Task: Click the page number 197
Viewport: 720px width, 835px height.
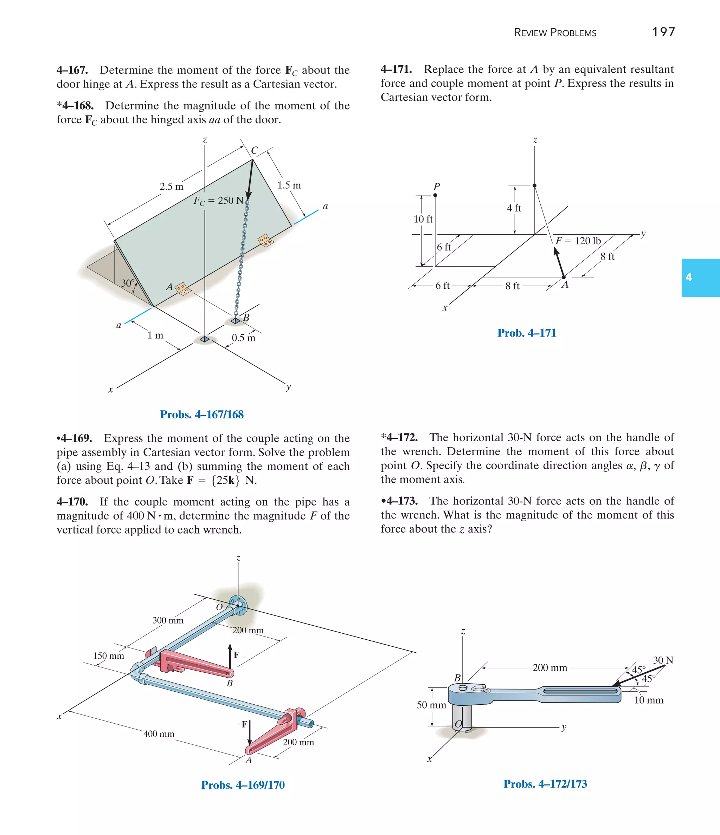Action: (663, 32)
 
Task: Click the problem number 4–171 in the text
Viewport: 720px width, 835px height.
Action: (396, 69)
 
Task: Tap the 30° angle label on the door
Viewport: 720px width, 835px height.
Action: (128, 283)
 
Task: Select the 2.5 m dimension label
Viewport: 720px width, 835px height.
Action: (172, 187)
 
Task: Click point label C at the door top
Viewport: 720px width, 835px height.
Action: (255, 150)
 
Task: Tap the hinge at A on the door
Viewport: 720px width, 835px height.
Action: (182, 288)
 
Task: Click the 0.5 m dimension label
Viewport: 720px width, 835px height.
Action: (243, 338)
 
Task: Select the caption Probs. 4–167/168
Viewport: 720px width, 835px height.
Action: (202, 414)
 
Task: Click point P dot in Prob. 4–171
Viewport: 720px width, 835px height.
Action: (435, 195)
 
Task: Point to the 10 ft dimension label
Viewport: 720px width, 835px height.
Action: (423, 219)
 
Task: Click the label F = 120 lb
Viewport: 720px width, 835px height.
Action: (578, 241)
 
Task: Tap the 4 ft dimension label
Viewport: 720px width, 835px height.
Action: (514, 208)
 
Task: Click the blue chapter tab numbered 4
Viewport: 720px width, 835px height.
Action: (700, 278)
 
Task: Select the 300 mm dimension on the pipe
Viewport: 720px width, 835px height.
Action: (168, 620)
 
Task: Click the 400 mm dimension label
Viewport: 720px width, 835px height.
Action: (159, 734)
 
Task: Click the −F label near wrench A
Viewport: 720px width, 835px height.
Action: (242, 724)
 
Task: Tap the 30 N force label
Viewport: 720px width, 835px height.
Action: (663, 660)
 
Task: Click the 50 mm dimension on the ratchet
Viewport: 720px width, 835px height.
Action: (431, 705)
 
